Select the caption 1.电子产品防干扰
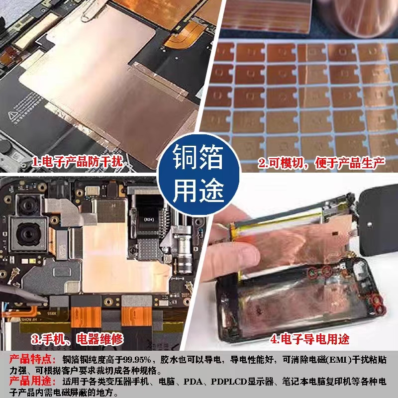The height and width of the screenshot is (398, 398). coord(77,162)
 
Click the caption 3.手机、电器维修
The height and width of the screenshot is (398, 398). coord(77,340)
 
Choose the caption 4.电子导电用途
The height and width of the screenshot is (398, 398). coord(309,340)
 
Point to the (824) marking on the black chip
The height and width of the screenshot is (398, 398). coord(149,217)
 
